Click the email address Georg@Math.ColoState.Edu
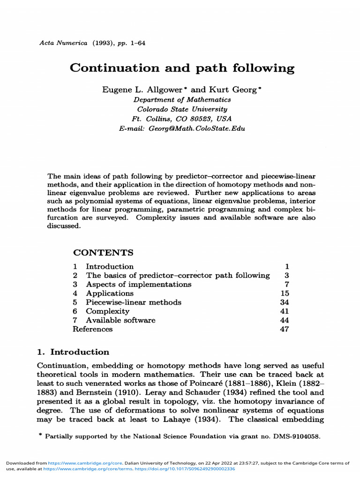tap(197, 128)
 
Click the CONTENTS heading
tap(103, 253)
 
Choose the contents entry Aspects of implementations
tap(138, 285)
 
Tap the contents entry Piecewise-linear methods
tap(133, 302)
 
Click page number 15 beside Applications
tap(284, 293)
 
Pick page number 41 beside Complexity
tap(284, 311)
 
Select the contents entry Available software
tap(120, 320)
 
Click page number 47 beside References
tap(284, 329)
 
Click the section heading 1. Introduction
tap(73, 352)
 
